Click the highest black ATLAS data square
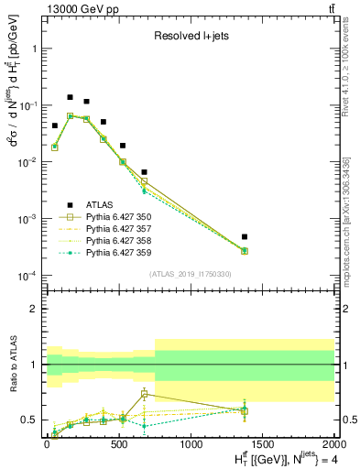(x=71, y=97)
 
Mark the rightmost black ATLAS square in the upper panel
(x=244, y=237)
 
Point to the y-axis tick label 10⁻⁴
(x=27, y=276)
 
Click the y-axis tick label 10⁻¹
(x=27, y=105)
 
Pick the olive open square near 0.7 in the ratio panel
(x=145, y=395)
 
